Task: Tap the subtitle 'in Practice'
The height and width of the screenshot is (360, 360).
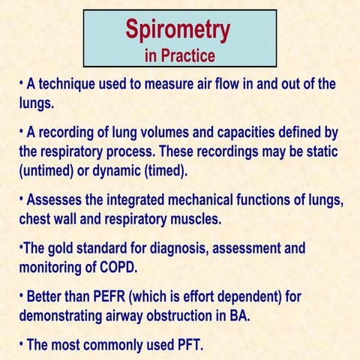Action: point(179,55)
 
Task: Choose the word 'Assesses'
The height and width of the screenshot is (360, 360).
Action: point(57,201)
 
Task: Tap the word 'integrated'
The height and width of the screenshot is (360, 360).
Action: point(150,201)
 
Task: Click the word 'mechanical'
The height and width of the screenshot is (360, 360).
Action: point(217,201)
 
